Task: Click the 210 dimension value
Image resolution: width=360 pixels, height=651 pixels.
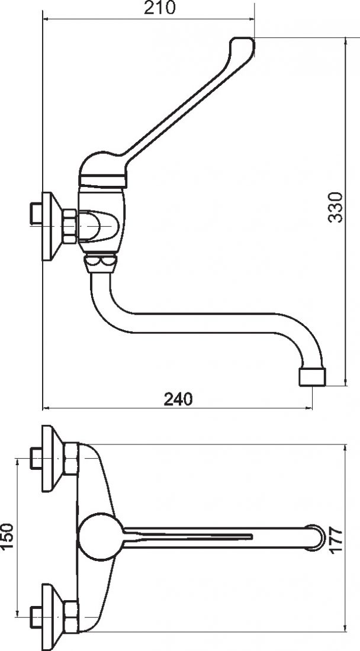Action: (x=160, y=8)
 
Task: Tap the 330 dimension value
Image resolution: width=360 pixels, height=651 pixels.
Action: (x=336, y=207)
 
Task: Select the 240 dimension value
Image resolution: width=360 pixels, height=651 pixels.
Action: (x=178, y=399)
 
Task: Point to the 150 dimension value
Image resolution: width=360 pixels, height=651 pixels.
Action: (x=7, y=536)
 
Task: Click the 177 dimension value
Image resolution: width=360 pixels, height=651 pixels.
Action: (x=336, y=539)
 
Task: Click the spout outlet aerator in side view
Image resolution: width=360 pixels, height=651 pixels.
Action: (x=312, y=376)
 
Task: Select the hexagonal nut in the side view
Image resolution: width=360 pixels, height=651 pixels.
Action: (x=69, y=226)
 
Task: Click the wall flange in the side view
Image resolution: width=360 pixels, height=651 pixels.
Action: (x=52, y=226)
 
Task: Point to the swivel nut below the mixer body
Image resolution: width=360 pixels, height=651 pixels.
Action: (x=101, y=264)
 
